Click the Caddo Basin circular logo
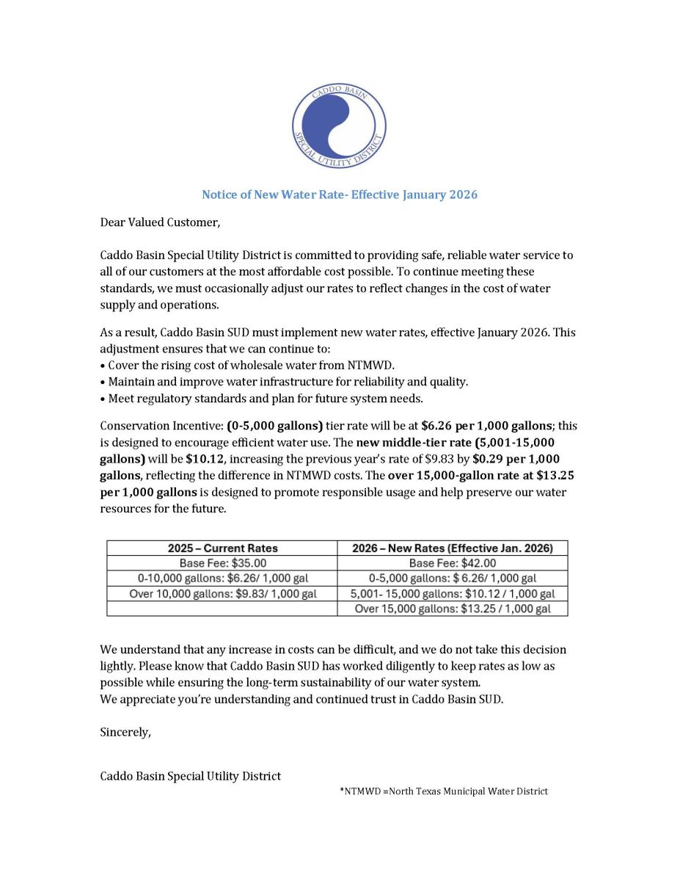339,126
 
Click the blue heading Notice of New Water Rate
340,195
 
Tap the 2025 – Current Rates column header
222,548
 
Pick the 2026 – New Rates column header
452,548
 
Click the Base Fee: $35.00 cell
222,563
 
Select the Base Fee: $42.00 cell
452,563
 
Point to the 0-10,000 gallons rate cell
222,579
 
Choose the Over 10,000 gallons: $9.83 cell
222,593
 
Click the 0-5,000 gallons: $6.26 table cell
452,579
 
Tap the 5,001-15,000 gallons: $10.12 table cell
452,593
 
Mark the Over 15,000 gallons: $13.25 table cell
452,609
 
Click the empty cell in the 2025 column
222,609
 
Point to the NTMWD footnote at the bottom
444,791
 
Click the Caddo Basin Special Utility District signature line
190,776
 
